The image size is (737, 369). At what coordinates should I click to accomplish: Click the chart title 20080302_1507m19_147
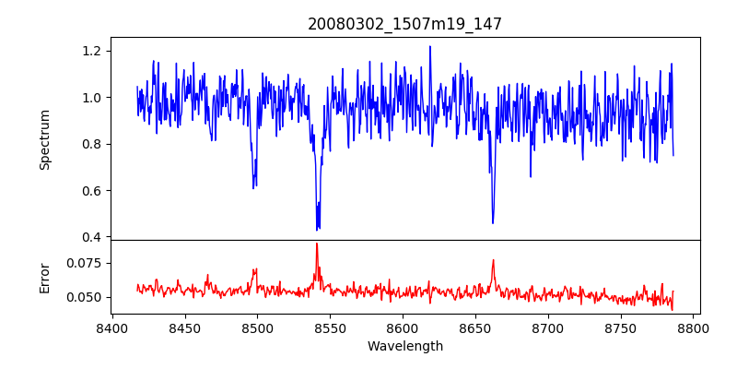(x=404, y=24)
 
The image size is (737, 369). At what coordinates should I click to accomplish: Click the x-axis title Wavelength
(x=404, y=346)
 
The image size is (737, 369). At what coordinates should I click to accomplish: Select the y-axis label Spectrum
(x=45, y=139)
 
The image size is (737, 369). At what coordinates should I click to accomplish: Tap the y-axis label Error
(x=45, y=277)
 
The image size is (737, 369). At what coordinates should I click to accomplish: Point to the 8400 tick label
(x=111, y=327)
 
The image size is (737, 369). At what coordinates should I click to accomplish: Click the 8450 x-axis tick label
(x=184, y=327)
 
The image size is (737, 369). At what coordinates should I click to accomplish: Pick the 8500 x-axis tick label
(x=257, y=327)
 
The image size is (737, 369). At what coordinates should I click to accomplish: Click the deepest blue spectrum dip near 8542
(x=317, y=229)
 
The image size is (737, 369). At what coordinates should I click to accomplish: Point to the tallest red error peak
(x=317, y=244)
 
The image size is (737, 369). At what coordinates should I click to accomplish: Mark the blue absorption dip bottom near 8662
(x=493, y=222)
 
